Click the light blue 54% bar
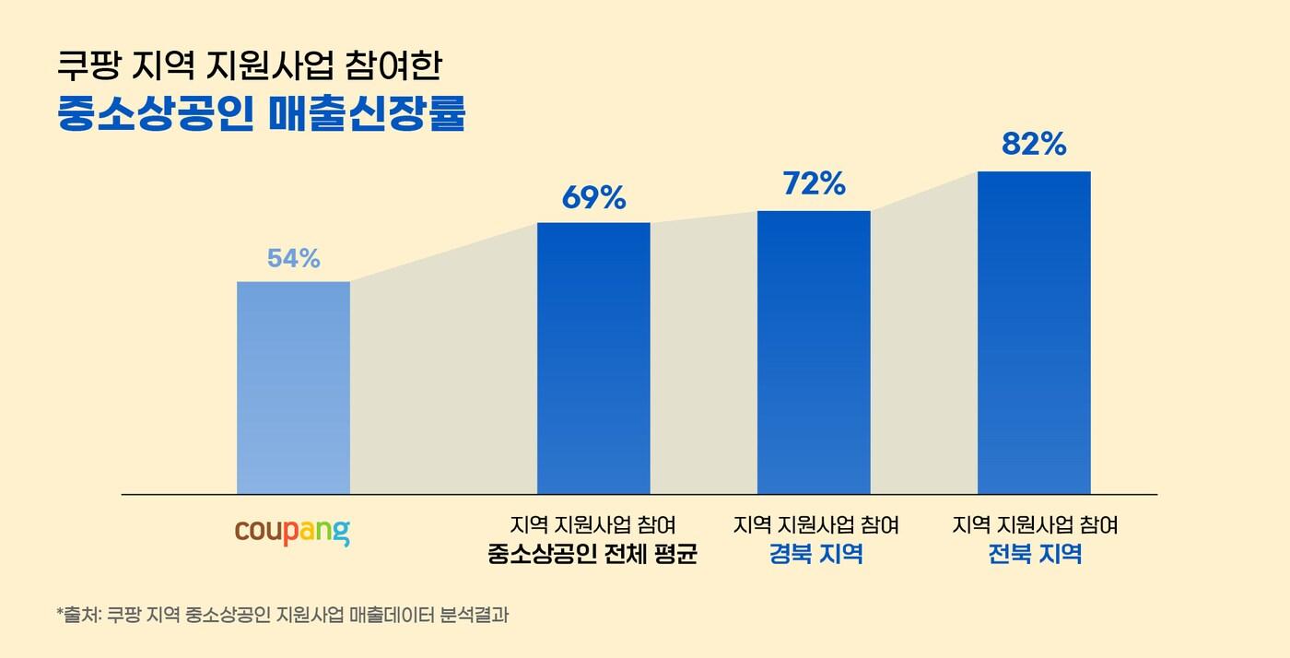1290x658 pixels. click(x=293, y=387)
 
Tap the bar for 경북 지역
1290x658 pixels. click(x=814, y=352)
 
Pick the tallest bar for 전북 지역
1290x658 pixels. click(x=1034, y=332)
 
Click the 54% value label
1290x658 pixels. click(x=293, y=259)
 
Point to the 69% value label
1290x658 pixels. click(x=593, y=198)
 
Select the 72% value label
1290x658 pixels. click(x=814, y=184)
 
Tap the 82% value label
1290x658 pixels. click(x=1034, y=145)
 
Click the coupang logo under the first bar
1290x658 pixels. click(x=292, y=533)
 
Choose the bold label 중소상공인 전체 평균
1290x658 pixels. click(x=592, y=556)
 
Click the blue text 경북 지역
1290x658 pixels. click(x=815, y=556)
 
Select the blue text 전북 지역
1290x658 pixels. click(x=1035, y=556)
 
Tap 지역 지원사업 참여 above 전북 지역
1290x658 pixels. click(x=1035, y=525)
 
